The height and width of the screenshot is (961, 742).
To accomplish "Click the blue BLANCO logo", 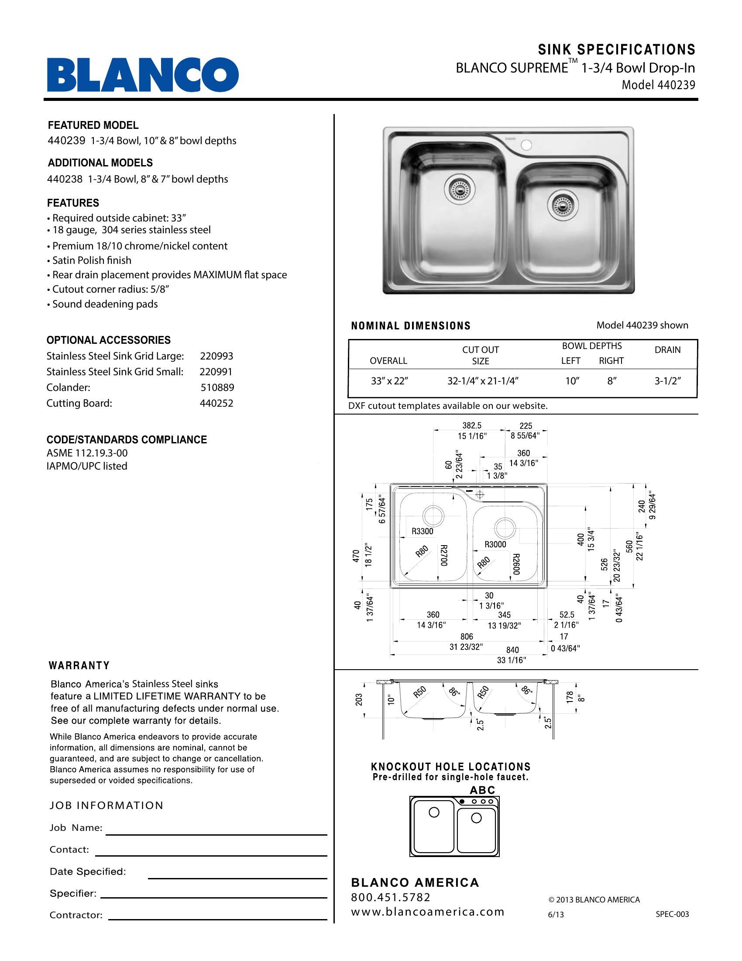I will [143, 75].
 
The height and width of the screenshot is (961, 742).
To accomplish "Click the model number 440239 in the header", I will [677, 85].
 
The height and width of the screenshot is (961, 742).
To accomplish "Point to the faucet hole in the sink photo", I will [526, 145].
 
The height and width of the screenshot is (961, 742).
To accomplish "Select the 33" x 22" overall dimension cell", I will [389, 381].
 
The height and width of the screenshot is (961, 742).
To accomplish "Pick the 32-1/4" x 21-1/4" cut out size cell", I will [483, 381].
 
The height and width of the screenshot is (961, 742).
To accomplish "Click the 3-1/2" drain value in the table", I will [667, 381].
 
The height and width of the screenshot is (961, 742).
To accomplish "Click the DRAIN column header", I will [667, 350].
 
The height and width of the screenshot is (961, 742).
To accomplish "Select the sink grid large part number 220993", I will [216, 356].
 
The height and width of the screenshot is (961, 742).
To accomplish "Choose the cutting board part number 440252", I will [216, 403].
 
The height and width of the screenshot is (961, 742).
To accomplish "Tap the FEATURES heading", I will [73, 203].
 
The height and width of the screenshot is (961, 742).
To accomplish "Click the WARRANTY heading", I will [79, 666].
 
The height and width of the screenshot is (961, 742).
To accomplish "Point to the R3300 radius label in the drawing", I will [422, 531].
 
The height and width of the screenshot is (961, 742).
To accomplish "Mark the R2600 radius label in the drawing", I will [516, 564].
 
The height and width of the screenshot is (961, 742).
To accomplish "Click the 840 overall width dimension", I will [512, 650].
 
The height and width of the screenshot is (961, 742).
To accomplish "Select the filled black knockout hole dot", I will [462, 802].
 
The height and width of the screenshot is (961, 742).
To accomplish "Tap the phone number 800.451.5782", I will [390, 897].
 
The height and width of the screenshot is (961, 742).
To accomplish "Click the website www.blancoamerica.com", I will [427, 912].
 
